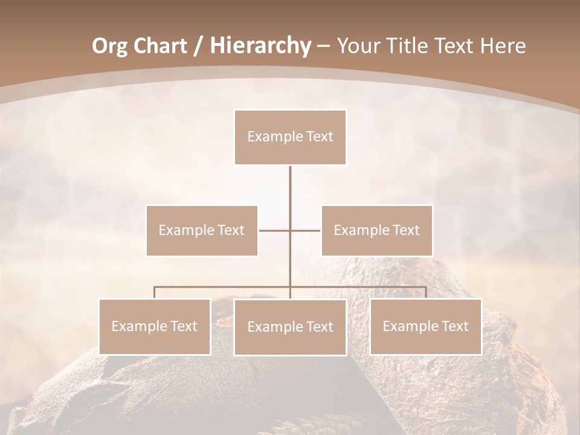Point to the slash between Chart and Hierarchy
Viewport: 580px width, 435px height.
point(198,46)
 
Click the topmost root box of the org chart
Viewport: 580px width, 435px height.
point(290,137)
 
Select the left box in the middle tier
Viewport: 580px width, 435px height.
point(202,230)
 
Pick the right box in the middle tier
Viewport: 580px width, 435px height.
point(376,230)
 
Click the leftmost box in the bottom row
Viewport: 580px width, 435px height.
point(154,326)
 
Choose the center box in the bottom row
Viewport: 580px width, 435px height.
point(290,327)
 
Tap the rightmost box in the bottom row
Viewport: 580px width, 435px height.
point(425,326)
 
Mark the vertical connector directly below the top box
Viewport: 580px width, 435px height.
point(290,187)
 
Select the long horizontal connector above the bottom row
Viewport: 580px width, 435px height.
point(224,287)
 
